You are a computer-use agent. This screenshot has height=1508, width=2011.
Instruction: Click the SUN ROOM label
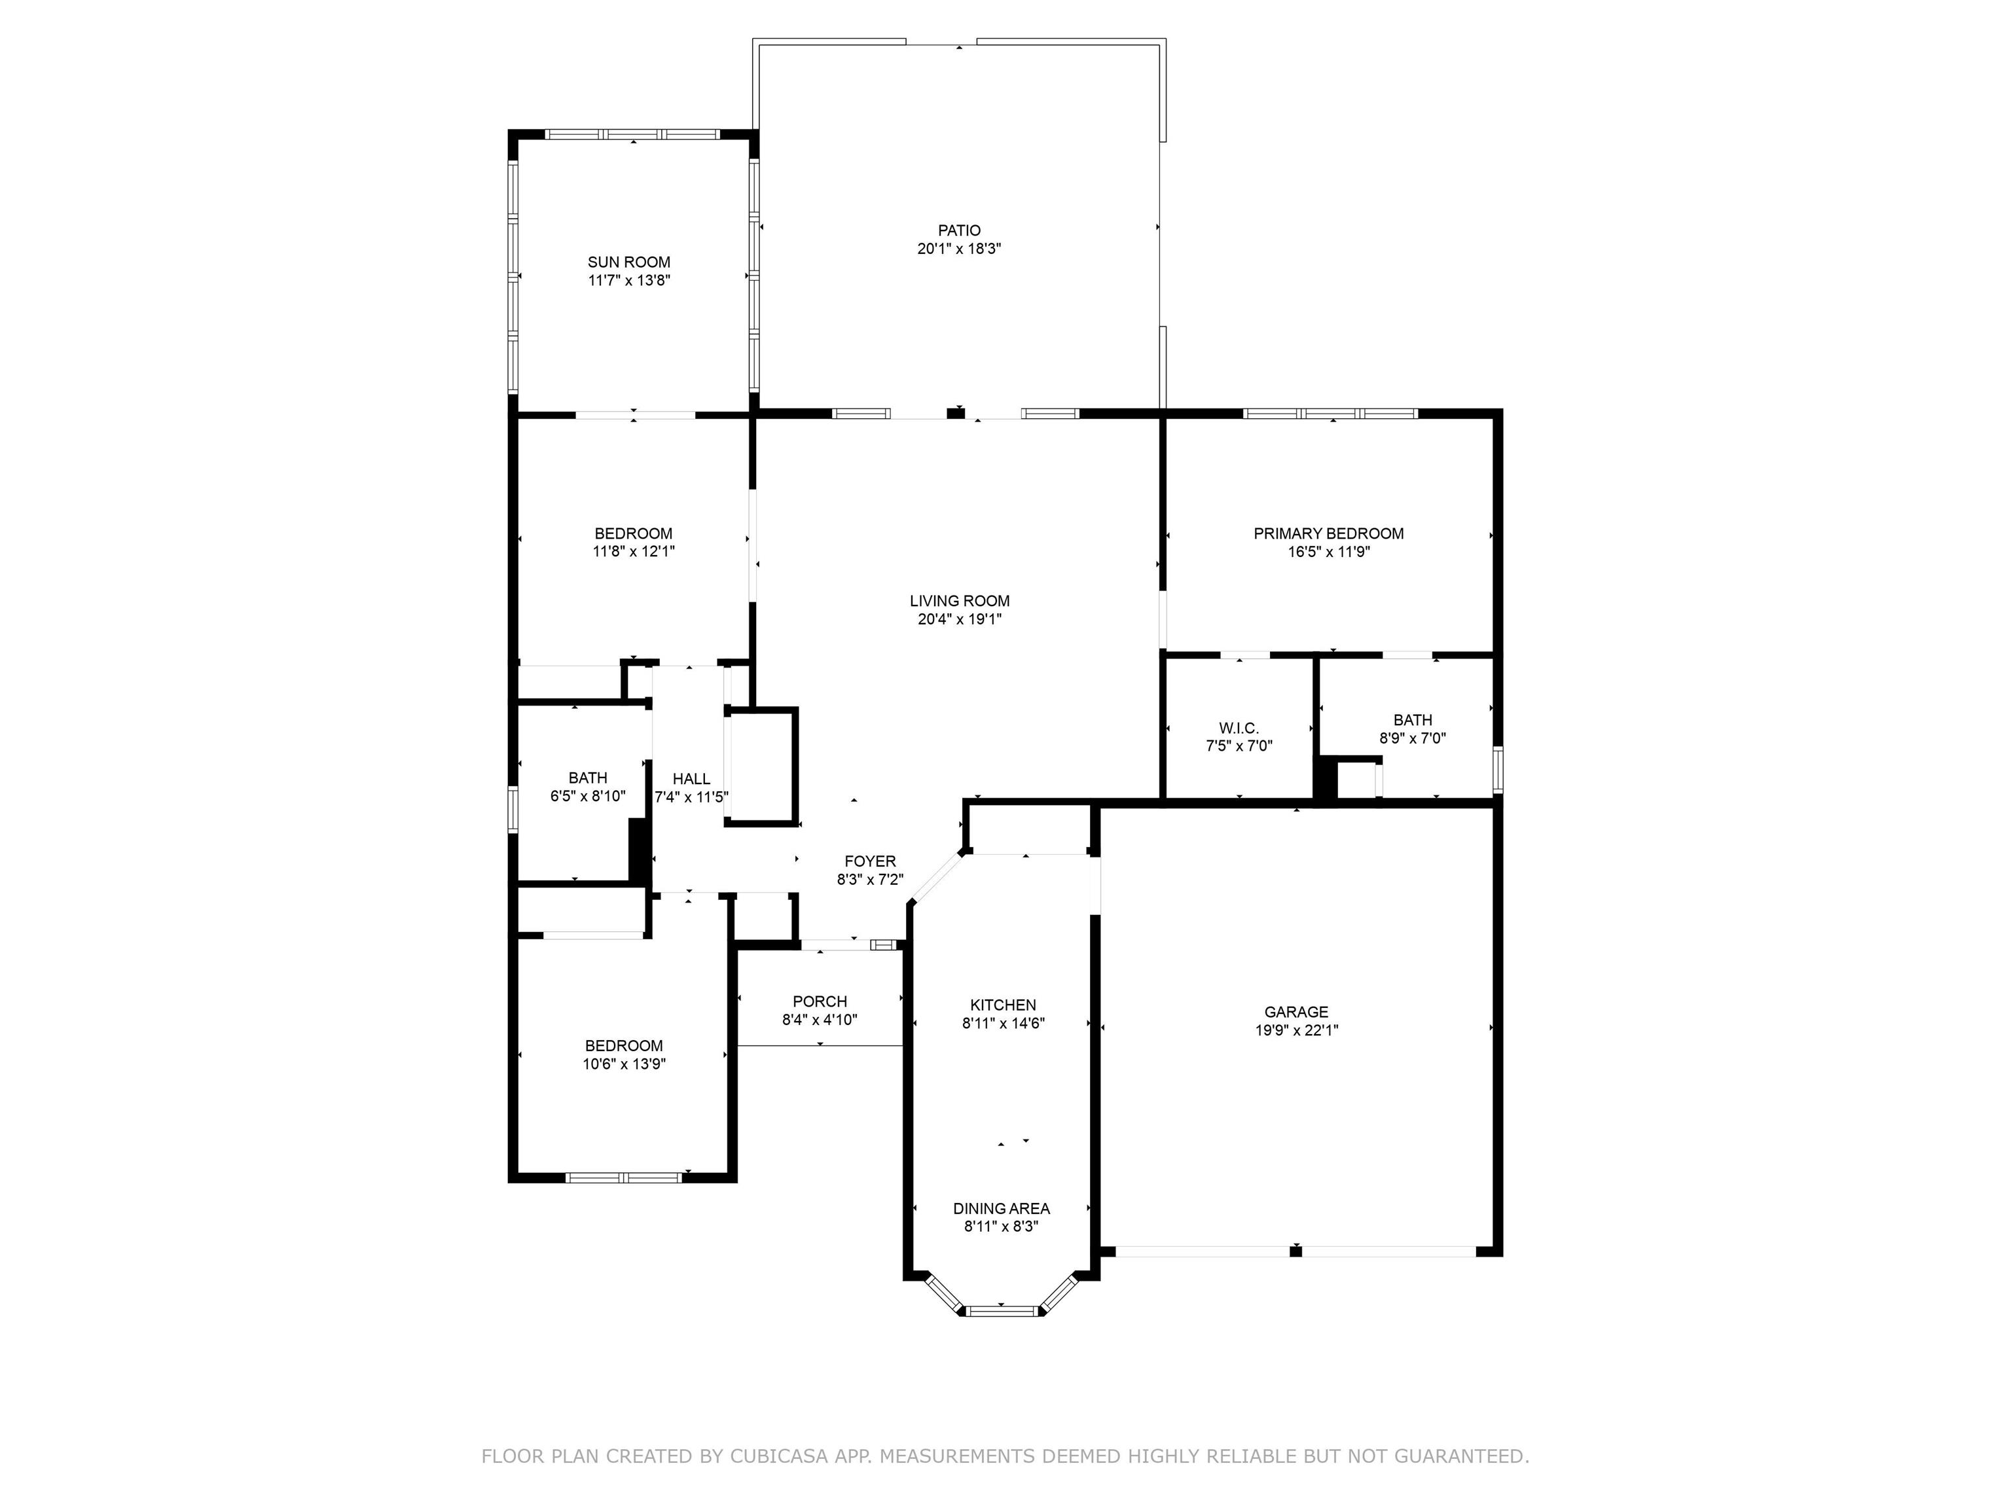pos(628,262)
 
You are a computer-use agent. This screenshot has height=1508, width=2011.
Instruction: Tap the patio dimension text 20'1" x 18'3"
pos(959,248)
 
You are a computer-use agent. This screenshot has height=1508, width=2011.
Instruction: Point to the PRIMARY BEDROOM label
pos(1328,533)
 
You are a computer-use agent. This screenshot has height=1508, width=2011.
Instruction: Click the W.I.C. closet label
pos(1239,728)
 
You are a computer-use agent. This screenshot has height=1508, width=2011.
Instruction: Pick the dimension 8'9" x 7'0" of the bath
pos(1412,738)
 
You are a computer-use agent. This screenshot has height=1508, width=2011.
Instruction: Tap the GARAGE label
pos(1295,1012)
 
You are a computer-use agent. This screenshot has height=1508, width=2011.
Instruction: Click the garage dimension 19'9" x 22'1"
pos(1295,1030)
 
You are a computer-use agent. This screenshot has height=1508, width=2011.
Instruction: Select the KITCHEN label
pos(1003,1005)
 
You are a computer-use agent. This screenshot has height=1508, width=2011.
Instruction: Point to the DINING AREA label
pos(1001,1208)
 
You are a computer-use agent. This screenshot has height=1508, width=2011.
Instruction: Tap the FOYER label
pos(870,861)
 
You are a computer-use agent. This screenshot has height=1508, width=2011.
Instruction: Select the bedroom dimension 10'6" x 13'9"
pos(624,1064)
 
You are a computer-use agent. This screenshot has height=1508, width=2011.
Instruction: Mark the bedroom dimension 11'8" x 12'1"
pos(634,551)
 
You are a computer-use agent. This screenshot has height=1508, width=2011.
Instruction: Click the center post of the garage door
pos(1295,1251)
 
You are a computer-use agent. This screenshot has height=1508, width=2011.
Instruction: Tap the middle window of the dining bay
pos(1001,1311)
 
